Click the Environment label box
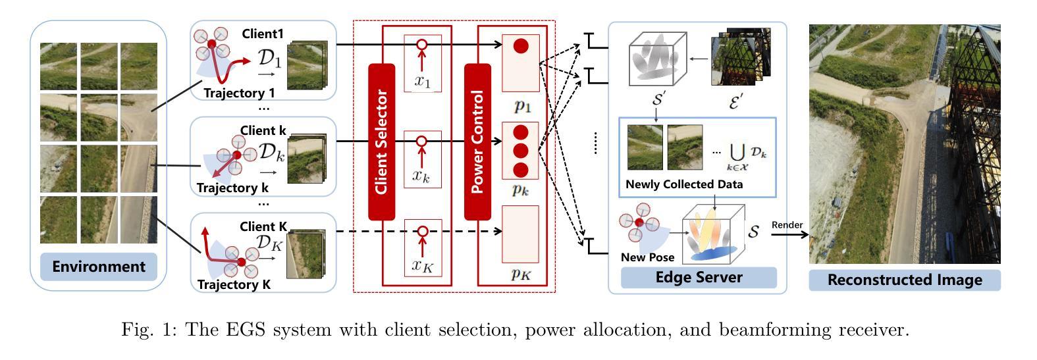(x=99, y=267)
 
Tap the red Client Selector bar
(x=381, y=141)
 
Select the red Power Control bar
(x=477, y=141)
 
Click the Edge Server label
(x=699, y=277)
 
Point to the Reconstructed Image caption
(x=904, y=280)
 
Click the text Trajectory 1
(x=239, y=93)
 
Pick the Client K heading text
(x=263, y=226)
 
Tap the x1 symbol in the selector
(x=422, y=81)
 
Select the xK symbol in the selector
(x=422, y=265)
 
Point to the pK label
(x=521, y=274)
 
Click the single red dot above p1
(x=521, y=46)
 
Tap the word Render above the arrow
(x=787, y=225)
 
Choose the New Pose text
(x=647, y=257)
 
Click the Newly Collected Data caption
(x=683, y=184)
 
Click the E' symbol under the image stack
(x=735, y=101)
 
